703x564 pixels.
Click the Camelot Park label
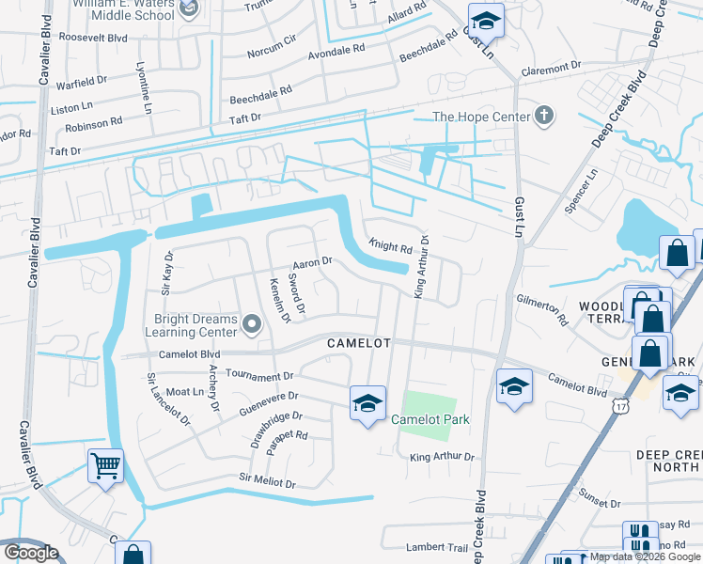tap(430, 419)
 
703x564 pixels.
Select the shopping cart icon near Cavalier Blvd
tap(106, 464)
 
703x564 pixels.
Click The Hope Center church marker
tap(542, 117)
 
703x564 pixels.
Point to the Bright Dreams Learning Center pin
tap(251, 325)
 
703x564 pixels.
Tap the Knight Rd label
tap(391, 247)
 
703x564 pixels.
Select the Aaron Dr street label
tap(313, 262)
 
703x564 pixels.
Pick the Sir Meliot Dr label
tap(267, 481)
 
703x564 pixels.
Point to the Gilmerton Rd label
tap(542, 308)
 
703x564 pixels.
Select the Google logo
tap(31, 553)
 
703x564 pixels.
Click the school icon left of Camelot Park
tap(367, 403)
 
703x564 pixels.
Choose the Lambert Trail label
tap(436, 547)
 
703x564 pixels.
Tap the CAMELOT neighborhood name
tap(358, 343)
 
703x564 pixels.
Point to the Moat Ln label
tap(185, 391)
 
